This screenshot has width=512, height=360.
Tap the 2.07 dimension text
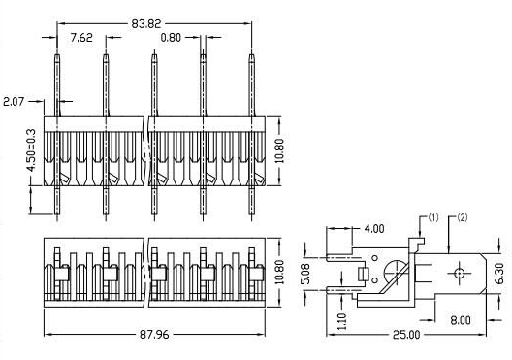[16, 100]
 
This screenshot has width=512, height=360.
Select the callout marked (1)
[432, 218]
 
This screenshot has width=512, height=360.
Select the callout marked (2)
[462, 218]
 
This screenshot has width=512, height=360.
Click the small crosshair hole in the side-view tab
[457, 275]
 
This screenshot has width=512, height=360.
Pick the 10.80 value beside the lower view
[281, 270]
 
